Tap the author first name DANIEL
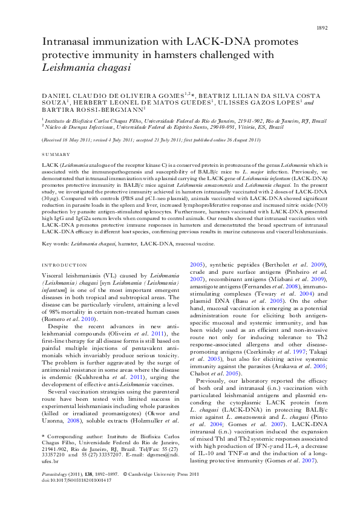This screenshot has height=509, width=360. (56, 96)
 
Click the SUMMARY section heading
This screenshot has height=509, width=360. (53, 155)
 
